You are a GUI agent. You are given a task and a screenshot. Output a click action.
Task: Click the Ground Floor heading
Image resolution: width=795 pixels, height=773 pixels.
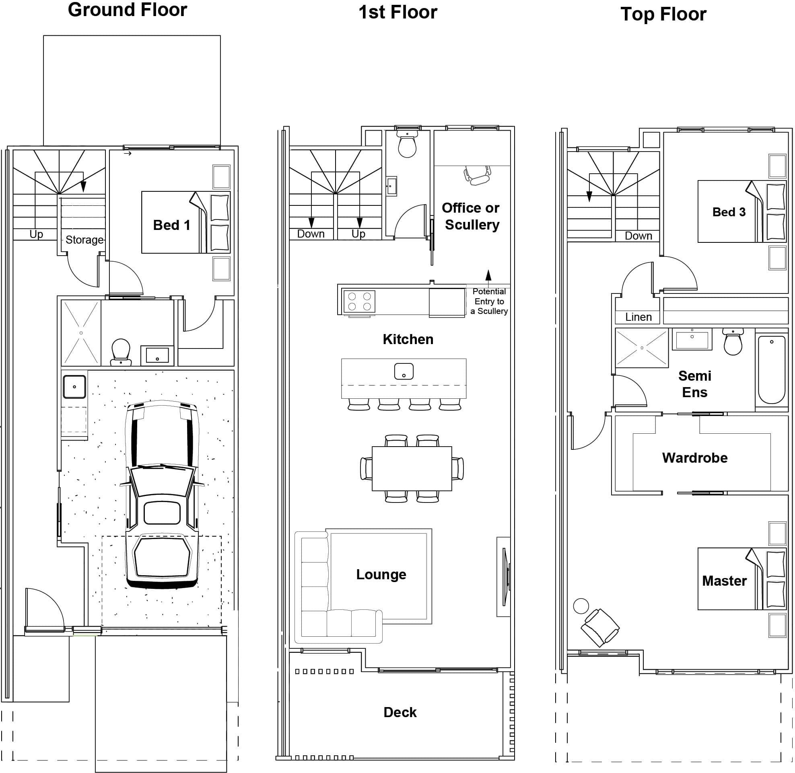127,10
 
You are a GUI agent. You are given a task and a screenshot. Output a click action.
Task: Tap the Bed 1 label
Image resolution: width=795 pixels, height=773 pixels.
171,226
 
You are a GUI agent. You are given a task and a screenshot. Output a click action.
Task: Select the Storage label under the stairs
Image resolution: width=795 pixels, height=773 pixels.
84,240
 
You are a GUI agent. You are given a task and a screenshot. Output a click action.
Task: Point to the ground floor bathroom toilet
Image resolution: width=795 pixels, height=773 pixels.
121,352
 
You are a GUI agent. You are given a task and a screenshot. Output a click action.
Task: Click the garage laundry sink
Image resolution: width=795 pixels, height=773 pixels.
74,387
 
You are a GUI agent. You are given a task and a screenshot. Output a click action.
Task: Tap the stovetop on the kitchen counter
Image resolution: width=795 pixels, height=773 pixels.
359,301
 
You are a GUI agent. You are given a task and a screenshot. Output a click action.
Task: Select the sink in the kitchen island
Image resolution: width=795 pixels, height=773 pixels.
404,371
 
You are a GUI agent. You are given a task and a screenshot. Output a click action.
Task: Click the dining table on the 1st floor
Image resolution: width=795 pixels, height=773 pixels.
412,469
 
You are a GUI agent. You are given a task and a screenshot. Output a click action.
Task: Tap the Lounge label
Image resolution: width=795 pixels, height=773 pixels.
381,574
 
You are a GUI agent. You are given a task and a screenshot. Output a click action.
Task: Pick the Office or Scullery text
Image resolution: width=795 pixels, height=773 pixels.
471,216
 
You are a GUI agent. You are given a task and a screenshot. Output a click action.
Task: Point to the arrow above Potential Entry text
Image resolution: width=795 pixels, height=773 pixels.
488,275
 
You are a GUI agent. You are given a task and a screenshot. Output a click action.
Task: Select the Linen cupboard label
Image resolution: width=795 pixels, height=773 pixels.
638,317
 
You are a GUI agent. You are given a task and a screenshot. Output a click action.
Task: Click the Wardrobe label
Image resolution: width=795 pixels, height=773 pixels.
694,458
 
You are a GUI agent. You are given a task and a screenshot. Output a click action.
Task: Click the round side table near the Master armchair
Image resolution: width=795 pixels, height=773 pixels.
581,606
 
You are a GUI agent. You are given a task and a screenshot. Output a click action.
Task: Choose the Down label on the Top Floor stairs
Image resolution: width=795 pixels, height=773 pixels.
638,236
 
